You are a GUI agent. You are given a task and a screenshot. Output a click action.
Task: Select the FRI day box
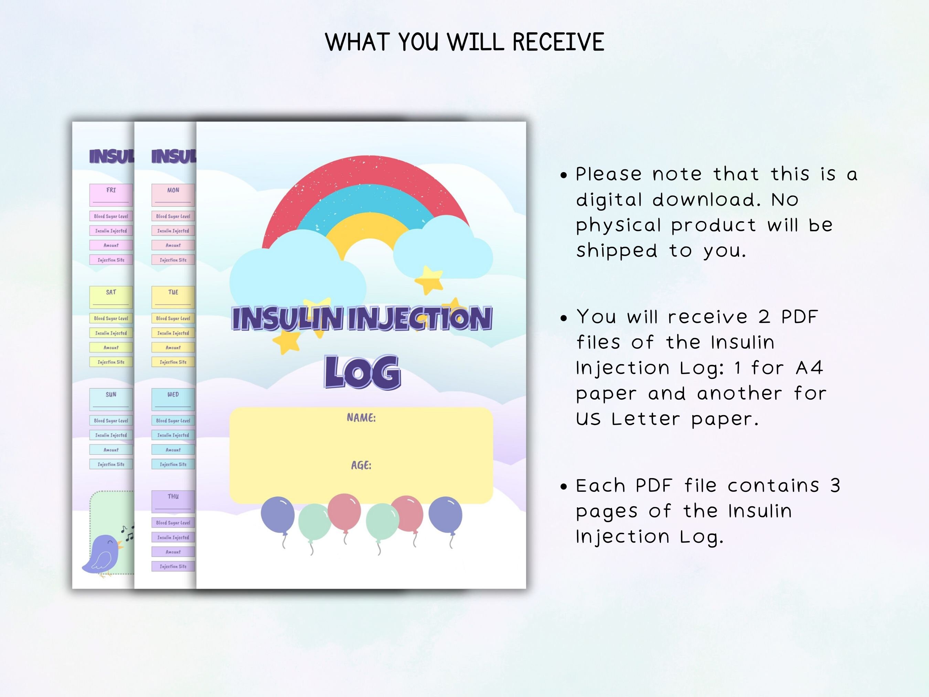point(111,194)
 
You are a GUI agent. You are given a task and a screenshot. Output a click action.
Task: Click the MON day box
point(173,194)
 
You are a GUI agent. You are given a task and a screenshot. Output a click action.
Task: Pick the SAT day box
point(111,297)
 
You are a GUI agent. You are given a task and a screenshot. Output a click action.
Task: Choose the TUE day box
point(173,297)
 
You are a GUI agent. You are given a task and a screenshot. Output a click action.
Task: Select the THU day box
point(173,501)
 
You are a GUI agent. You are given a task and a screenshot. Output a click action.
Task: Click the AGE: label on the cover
point(361,465)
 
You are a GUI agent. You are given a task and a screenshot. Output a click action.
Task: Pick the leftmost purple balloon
point(278,514)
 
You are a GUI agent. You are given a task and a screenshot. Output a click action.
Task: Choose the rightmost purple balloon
point(445,514)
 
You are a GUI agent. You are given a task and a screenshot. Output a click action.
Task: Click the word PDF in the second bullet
point(799,317)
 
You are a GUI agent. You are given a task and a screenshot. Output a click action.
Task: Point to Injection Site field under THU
point(173,566)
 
